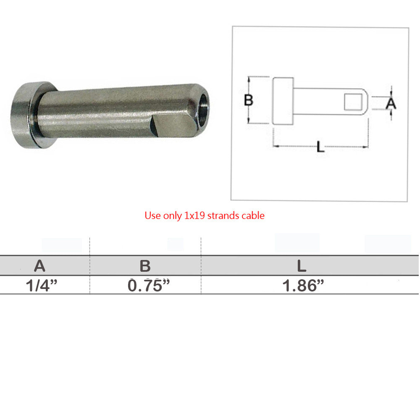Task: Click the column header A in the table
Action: pos(39,266)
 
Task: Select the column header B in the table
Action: pos(145,266)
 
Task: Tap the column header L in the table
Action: pos(302,266)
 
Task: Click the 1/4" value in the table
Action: pos(42,286)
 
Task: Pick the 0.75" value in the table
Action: pos(149,286)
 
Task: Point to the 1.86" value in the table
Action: pos(303,286)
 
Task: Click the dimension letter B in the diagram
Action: pos(249,100)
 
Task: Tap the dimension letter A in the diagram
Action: pos(391,103)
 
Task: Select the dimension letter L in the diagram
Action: pos(320,147)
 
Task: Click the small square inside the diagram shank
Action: pos(353,102)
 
